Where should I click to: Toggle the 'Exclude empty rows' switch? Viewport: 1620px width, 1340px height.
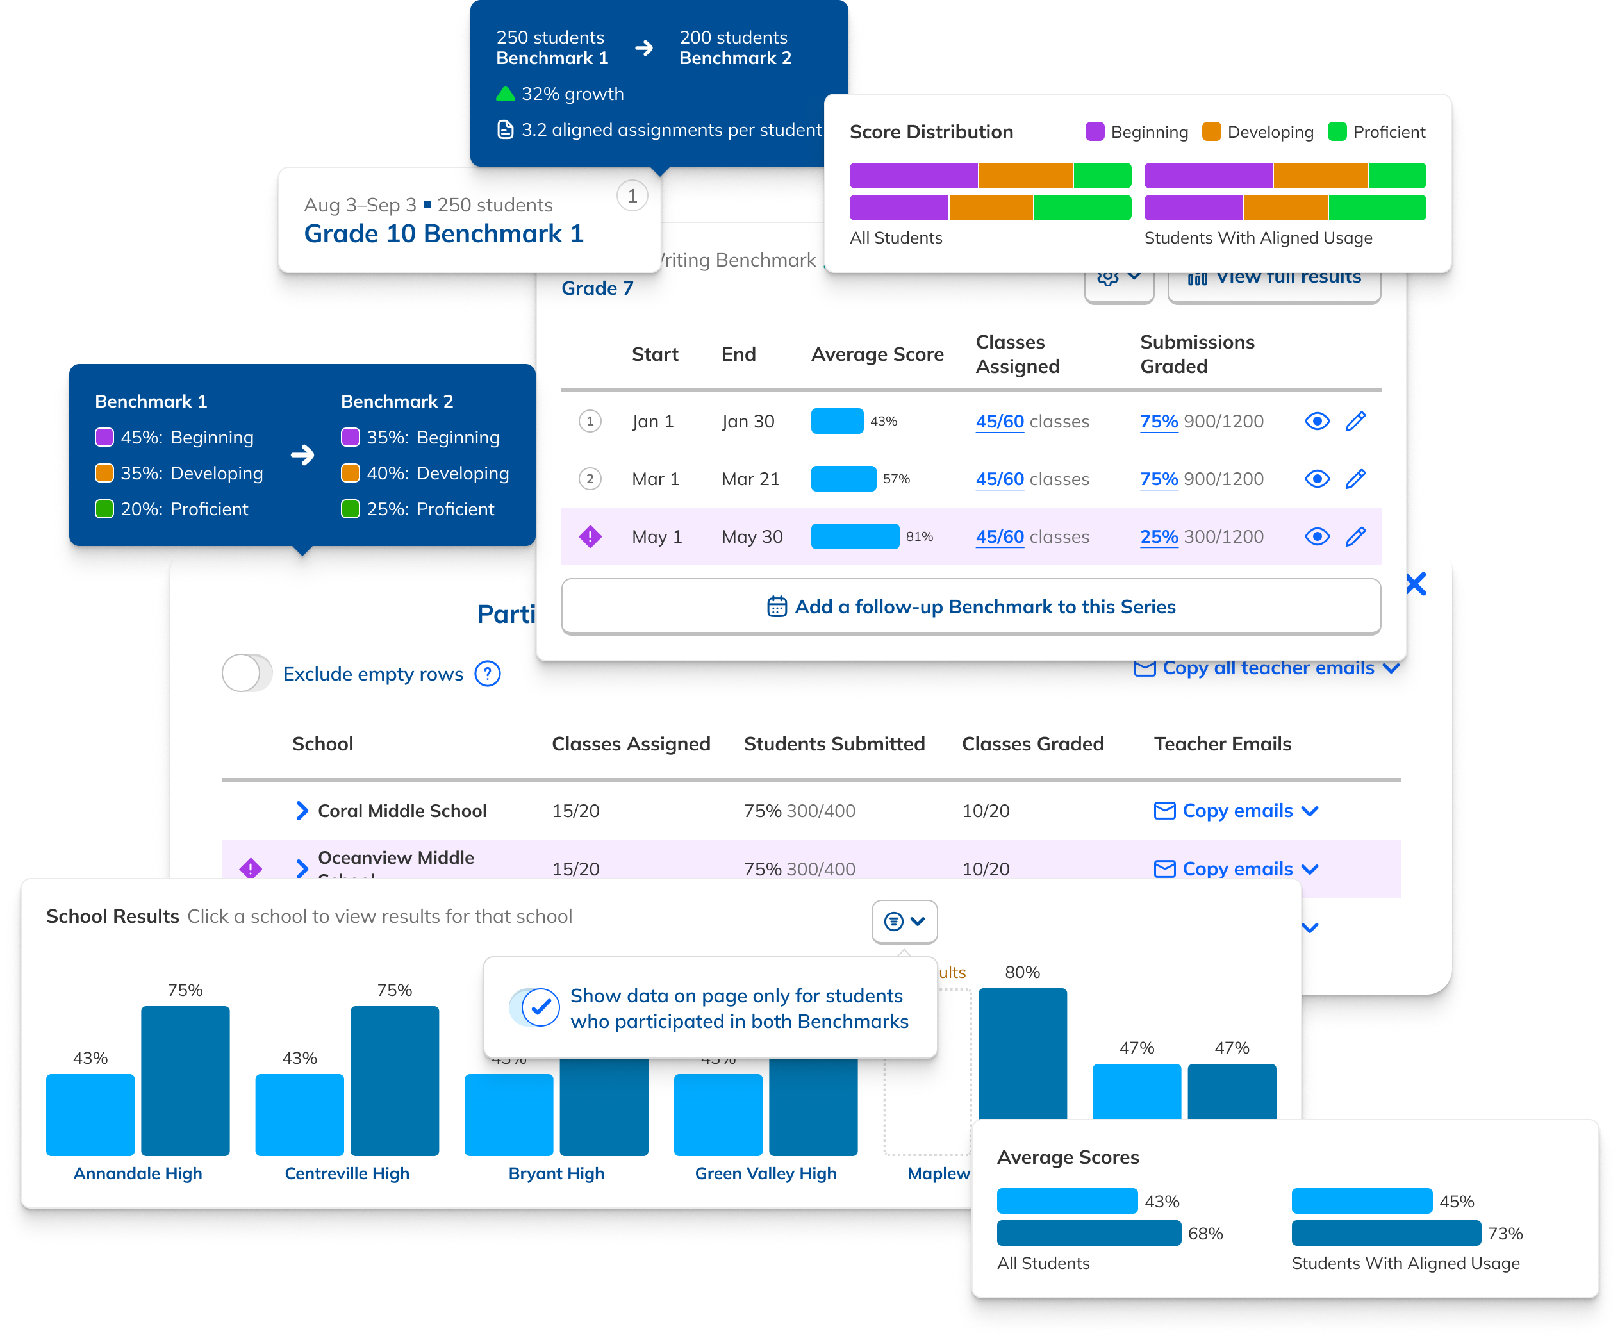coord(247,674)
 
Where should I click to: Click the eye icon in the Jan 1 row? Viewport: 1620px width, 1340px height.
coord(1317,421)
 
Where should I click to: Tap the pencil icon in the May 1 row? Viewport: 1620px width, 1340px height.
coord(1355,536)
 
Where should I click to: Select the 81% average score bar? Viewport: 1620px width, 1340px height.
coord(855,536)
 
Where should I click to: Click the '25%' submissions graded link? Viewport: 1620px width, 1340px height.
coord(1159,537)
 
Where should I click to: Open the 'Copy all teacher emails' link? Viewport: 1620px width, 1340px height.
coord(1267,668)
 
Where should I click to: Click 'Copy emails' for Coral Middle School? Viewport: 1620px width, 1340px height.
coord(1237,811)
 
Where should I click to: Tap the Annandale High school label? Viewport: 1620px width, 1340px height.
coord(137,1173)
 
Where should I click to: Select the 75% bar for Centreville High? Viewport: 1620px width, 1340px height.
coord(394,1080)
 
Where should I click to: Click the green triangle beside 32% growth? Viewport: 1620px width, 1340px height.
coord(505,94)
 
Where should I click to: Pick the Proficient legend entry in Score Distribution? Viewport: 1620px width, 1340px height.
coord(1377,132)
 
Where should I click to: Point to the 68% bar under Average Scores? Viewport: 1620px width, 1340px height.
coord(1089,1233)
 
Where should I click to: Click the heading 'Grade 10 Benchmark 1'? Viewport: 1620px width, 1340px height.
coord(443,233)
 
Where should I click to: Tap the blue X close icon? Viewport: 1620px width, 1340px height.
coord(1416,584)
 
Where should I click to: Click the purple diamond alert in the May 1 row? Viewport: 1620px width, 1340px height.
coord(590,536)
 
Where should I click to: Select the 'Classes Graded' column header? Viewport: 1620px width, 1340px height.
coord(1032,743)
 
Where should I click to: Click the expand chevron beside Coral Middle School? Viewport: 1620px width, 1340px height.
coord(302,811)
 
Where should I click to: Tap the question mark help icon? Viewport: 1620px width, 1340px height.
coord(488,674)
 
